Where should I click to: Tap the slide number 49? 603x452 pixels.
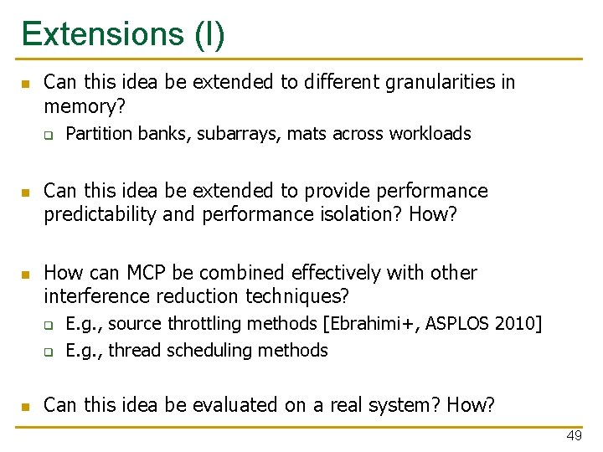574,436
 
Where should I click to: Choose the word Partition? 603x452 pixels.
99,134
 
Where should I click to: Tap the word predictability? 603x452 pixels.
100,214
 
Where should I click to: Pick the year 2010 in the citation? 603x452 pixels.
520,324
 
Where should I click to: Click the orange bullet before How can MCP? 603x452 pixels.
24,274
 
